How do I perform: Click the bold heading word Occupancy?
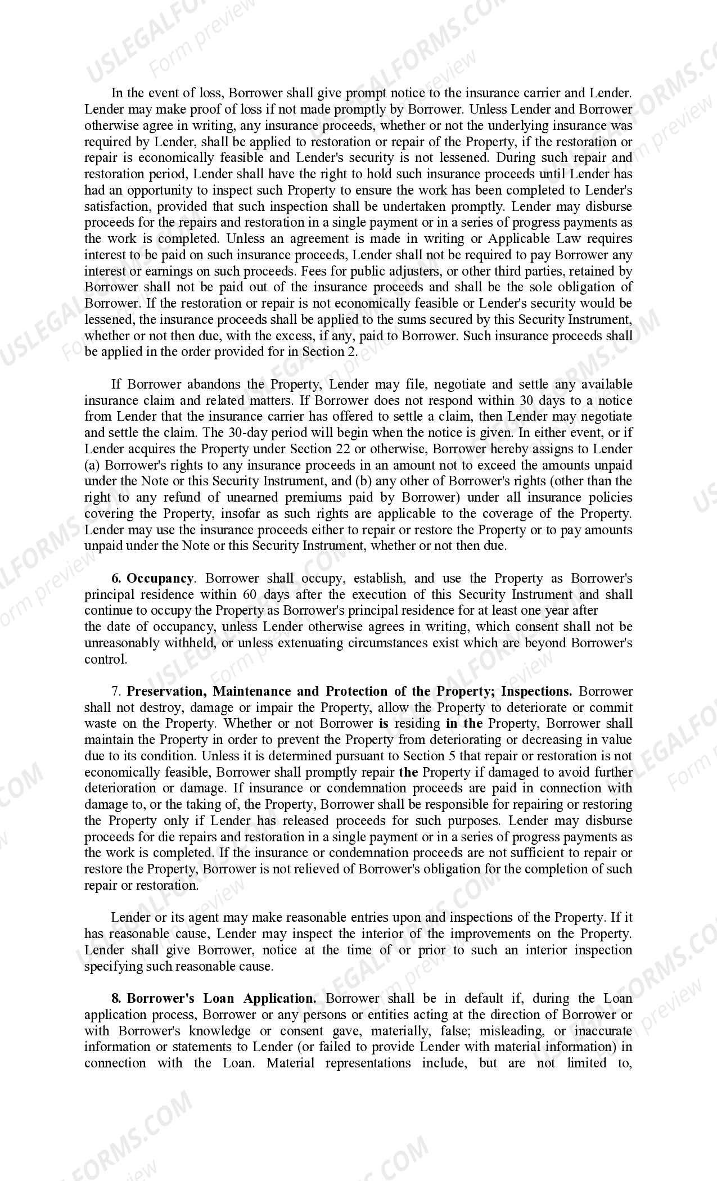[x=160, y=578]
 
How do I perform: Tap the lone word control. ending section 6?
[x=106, y=659]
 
